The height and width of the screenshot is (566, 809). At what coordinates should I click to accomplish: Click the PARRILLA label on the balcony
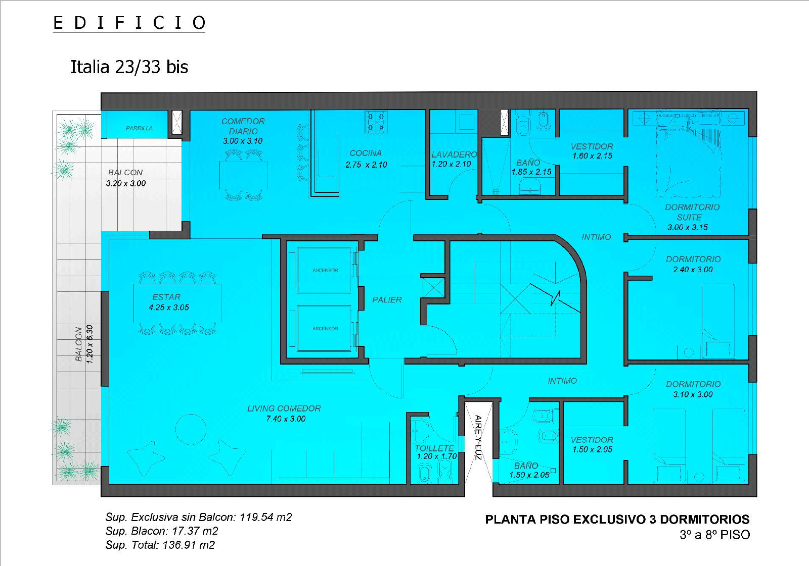click(139, 128)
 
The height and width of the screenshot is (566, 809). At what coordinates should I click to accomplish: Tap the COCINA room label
click(366, 153)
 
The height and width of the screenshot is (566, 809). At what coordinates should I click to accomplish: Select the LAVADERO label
click(455, 155)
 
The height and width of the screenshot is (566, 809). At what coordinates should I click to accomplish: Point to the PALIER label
click(387, 300)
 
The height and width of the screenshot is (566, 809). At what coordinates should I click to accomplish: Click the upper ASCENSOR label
click(325, 270)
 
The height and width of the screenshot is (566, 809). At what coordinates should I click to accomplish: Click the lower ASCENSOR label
click(325, 329)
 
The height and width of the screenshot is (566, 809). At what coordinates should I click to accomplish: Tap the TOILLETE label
click(434, 448)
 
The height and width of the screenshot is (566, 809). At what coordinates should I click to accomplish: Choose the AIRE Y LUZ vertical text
click(478, 437)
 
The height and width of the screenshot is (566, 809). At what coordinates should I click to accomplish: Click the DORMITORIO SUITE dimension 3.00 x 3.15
click(687, 227)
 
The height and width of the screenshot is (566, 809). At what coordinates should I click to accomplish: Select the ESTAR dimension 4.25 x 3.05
click(169, 307)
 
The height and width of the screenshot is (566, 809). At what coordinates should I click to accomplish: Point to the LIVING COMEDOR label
click(284, 408)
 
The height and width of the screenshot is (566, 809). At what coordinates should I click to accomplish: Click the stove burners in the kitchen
click(376, 122)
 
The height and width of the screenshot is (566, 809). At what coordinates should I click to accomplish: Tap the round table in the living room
click(191, 429)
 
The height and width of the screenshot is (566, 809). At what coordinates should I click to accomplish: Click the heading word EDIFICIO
click(129, 23)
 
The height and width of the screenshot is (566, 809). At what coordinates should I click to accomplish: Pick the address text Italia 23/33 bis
click(129, 67)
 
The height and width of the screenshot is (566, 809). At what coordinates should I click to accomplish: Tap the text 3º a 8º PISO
click(715, 535)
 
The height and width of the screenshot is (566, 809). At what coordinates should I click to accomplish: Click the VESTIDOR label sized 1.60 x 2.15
click(592, 146)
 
